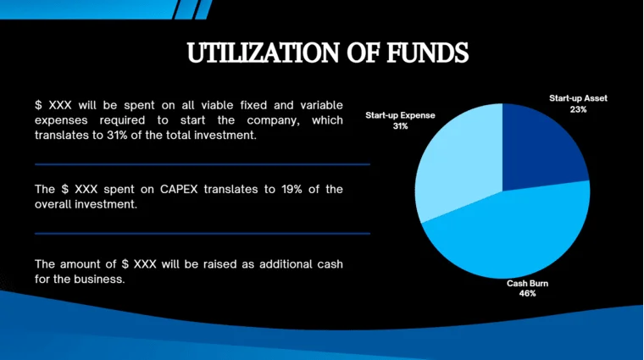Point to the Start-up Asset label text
[x=578, y=98]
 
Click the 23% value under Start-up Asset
[x=578, y=109]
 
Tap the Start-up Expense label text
[x=400, y=114]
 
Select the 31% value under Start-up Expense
[x=400, y=125]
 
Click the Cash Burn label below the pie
[x=527, y=283]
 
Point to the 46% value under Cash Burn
[x=527, y=294]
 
